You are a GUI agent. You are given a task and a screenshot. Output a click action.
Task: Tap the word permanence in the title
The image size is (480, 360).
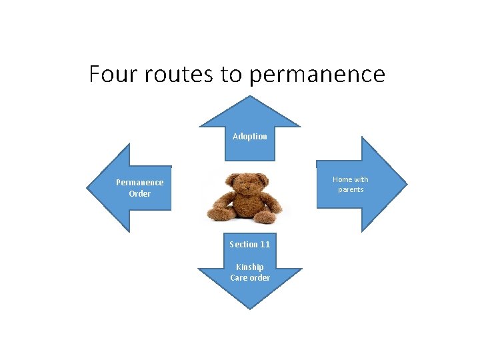pyautogui.click(x=317, y=74)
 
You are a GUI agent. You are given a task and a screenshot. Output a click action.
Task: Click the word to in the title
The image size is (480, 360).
pyautogui.click(x=231, y=73)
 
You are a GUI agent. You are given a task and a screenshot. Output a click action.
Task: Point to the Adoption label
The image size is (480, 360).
pyautogui.click(x=250, y=137)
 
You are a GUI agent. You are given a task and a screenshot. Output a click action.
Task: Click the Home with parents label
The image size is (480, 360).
pyautogui.click(x=351, y=185)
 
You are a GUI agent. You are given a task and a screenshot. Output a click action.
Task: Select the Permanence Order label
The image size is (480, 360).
pyautogui.click(x=139, y=188)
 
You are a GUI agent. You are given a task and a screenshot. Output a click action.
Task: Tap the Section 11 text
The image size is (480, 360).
pyautogui.click(x=250, y=245)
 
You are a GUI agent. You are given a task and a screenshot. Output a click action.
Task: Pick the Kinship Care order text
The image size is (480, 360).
pyautogui.click(x=250, y=273)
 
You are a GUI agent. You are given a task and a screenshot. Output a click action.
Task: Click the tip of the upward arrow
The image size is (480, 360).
pyautogui.click(x=250, y=97)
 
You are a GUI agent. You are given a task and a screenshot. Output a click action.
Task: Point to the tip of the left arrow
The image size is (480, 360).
pyautogui.click(x=87, y=188)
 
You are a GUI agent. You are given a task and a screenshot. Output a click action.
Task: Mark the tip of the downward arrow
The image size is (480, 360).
pyautogui.click(x=250, y=308)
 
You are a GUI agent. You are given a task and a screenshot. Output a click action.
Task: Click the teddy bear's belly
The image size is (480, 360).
pyautogui.click(x=247, y=203)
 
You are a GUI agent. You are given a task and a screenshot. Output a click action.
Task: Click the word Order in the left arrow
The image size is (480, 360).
pyautogui.click(x=140, y=194)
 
